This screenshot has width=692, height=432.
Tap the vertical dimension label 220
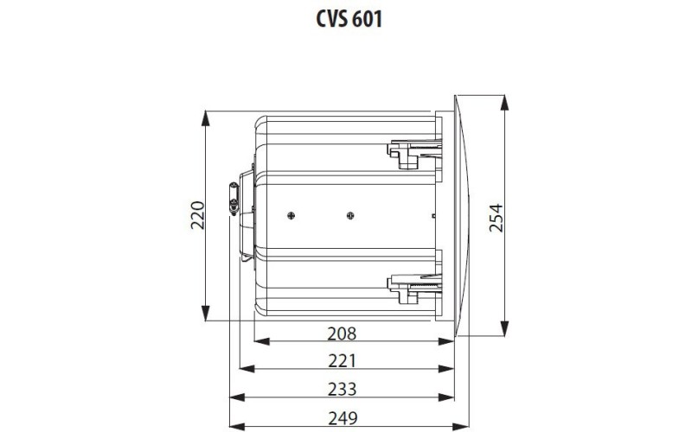coord(197,215)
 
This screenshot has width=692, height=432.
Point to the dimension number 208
coord(343,333)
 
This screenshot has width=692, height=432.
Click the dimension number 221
coord(343,360)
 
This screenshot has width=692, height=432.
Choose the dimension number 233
coord(343,389)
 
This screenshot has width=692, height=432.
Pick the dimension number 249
coord(343,417)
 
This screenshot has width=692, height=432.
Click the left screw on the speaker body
coord(292,214)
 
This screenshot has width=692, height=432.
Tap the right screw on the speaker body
coord(349,214)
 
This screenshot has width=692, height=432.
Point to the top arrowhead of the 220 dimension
coord(206,117)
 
